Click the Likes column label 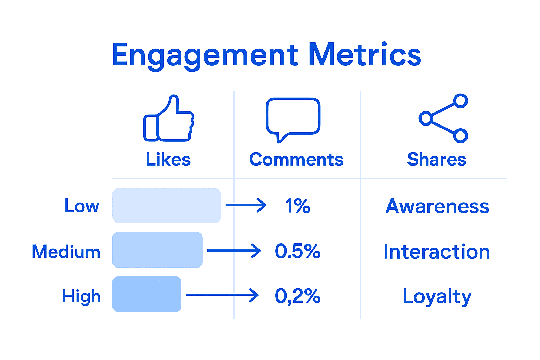[x=168, y=160]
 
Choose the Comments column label [x=296, y=160]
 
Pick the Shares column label [x=436, y=160]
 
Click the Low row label [x=82, y=206]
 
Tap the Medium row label [x=66, y=252]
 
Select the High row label [x=81, y=296]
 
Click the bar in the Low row [x=167, y=206]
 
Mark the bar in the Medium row [x=157, y=250]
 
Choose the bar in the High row [x=147, y=294]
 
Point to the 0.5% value [x=297, y=251]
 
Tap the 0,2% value [x=297, y=296]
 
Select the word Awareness [x=437, y=206]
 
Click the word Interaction [x=436, y=252]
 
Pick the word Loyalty [x=437, y=296]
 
